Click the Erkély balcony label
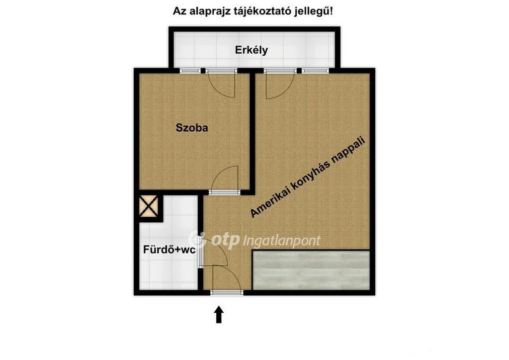(251, 50)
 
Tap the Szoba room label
(192, 128)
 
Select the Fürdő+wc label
(169, 250)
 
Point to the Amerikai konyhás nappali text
(308, 177)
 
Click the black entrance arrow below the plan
(219, 314)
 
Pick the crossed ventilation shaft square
(149, 206)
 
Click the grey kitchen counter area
(311, 270)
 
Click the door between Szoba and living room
(224, 180)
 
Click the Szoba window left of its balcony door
(190, 71)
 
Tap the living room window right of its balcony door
(315, 71)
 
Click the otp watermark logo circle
(197, 240)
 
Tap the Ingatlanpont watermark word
(282, 241)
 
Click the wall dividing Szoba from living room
(252, 131)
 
